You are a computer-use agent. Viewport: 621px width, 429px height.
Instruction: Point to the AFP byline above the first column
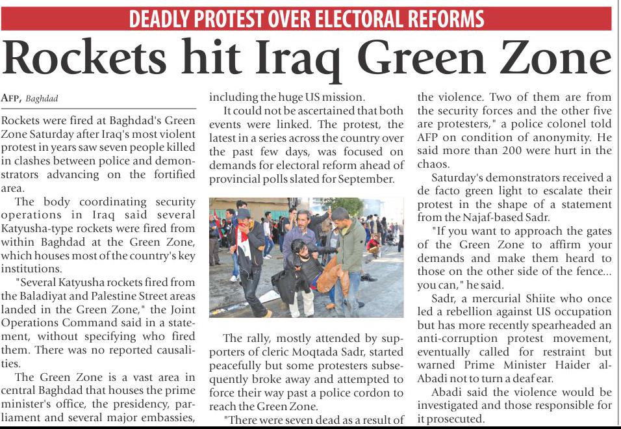(x=12, y=99)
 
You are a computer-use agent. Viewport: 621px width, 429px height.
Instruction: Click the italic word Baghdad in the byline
(x=42, y=99)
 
